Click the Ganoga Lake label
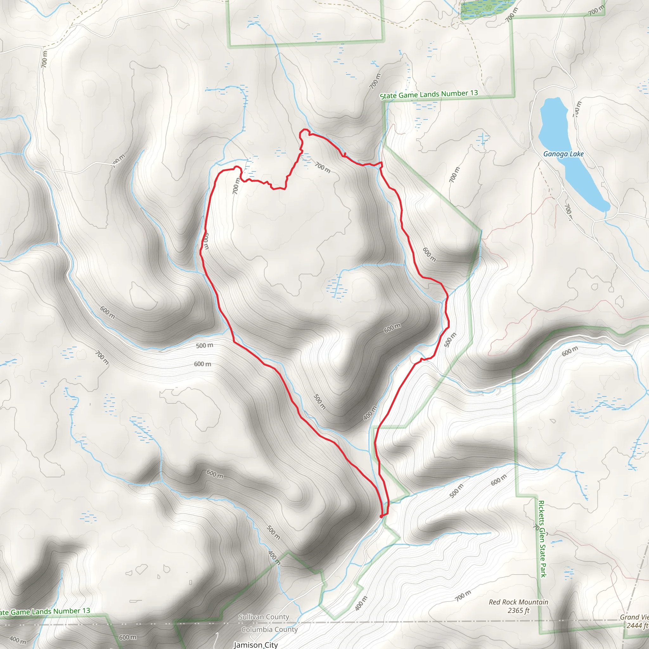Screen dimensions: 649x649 [x=563, y=154]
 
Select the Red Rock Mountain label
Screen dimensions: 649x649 [x=518, y=602]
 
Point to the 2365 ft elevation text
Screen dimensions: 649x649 [x=518, y=610]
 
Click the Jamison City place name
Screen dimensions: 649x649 [x=256, y=645]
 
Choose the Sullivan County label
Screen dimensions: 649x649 [x=264, y=617]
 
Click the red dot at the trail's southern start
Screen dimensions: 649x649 [x=381, y=516]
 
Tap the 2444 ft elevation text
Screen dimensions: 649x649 [x=637, y=625]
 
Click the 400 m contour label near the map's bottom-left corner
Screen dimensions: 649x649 [x=17, y=639]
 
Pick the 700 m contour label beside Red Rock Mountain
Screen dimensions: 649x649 [x=463, y=595]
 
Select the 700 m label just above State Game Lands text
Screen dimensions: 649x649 [x=375, y=81]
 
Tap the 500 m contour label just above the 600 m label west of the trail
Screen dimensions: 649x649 [x=204, y=345]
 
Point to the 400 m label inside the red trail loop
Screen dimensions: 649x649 [x=370, y=413]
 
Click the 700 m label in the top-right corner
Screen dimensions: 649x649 [x=596, y=10]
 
